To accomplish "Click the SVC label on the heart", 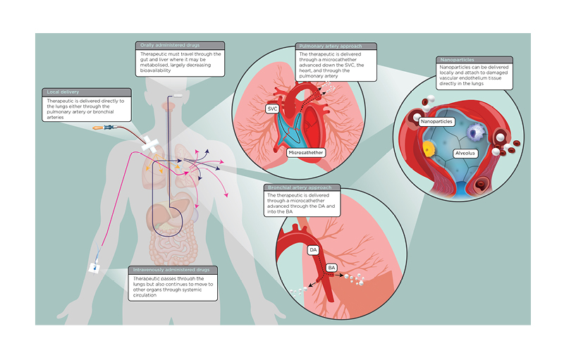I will click(272, 109).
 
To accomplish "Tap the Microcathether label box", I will click(307, 151).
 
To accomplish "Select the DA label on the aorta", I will click(313, 249).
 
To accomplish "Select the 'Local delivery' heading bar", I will click(64, 92).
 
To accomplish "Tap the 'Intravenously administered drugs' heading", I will click(173, 270).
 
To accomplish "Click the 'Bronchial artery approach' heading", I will click(305, 187).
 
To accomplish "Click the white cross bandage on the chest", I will click(151, 145).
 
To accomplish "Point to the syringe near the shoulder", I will click(106, 128).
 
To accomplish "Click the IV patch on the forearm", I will click(94, 268).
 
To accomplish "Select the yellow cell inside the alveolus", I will click(428, 149).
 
